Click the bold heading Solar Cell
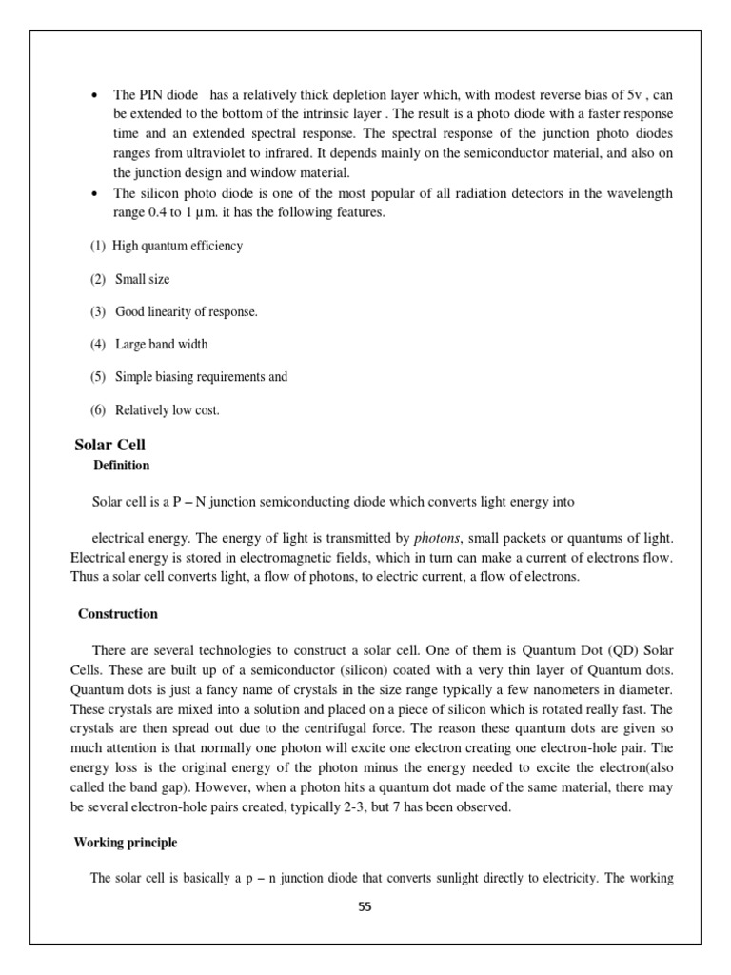109,446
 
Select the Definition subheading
121,466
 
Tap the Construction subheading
118,614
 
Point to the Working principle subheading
126,843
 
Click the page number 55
365,906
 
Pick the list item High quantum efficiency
177,246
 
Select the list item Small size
143,280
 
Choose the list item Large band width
162,344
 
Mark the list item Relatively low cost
168,410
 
